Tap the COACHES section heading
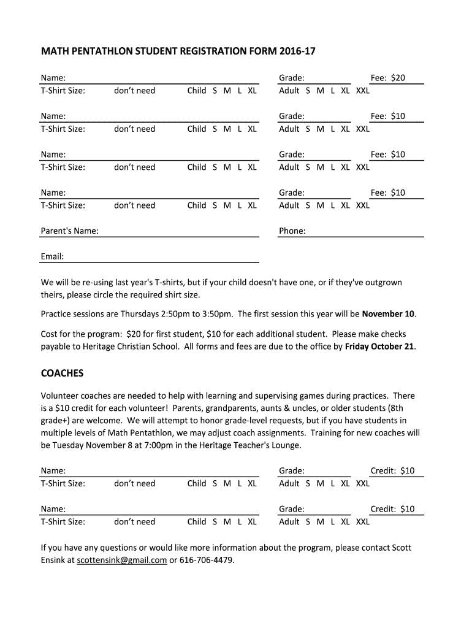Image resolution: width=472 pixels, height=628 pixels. [x=62, y=373]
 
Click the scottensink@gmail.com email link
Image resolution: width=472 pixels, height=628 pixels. [x=122, y=560]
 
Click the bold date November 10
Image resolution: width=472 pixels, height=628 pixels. [x=388, y=315]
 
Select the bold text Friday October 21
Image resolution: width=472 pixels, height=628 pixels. [x=380, y=347]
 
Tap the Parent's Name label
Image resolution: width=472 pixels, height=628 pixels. [x=69, y=231]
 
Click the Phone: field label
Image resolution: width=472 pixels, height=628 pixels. [x=292, y=231]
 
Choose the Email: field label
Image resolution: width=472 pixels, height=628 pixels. [x=52, y=256]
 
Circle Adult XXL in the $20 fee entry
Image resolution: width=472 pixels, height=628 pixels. [x=363, y=91]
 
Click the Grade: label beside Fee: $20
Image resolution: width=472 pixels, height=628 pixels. [x=292, y=78]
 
